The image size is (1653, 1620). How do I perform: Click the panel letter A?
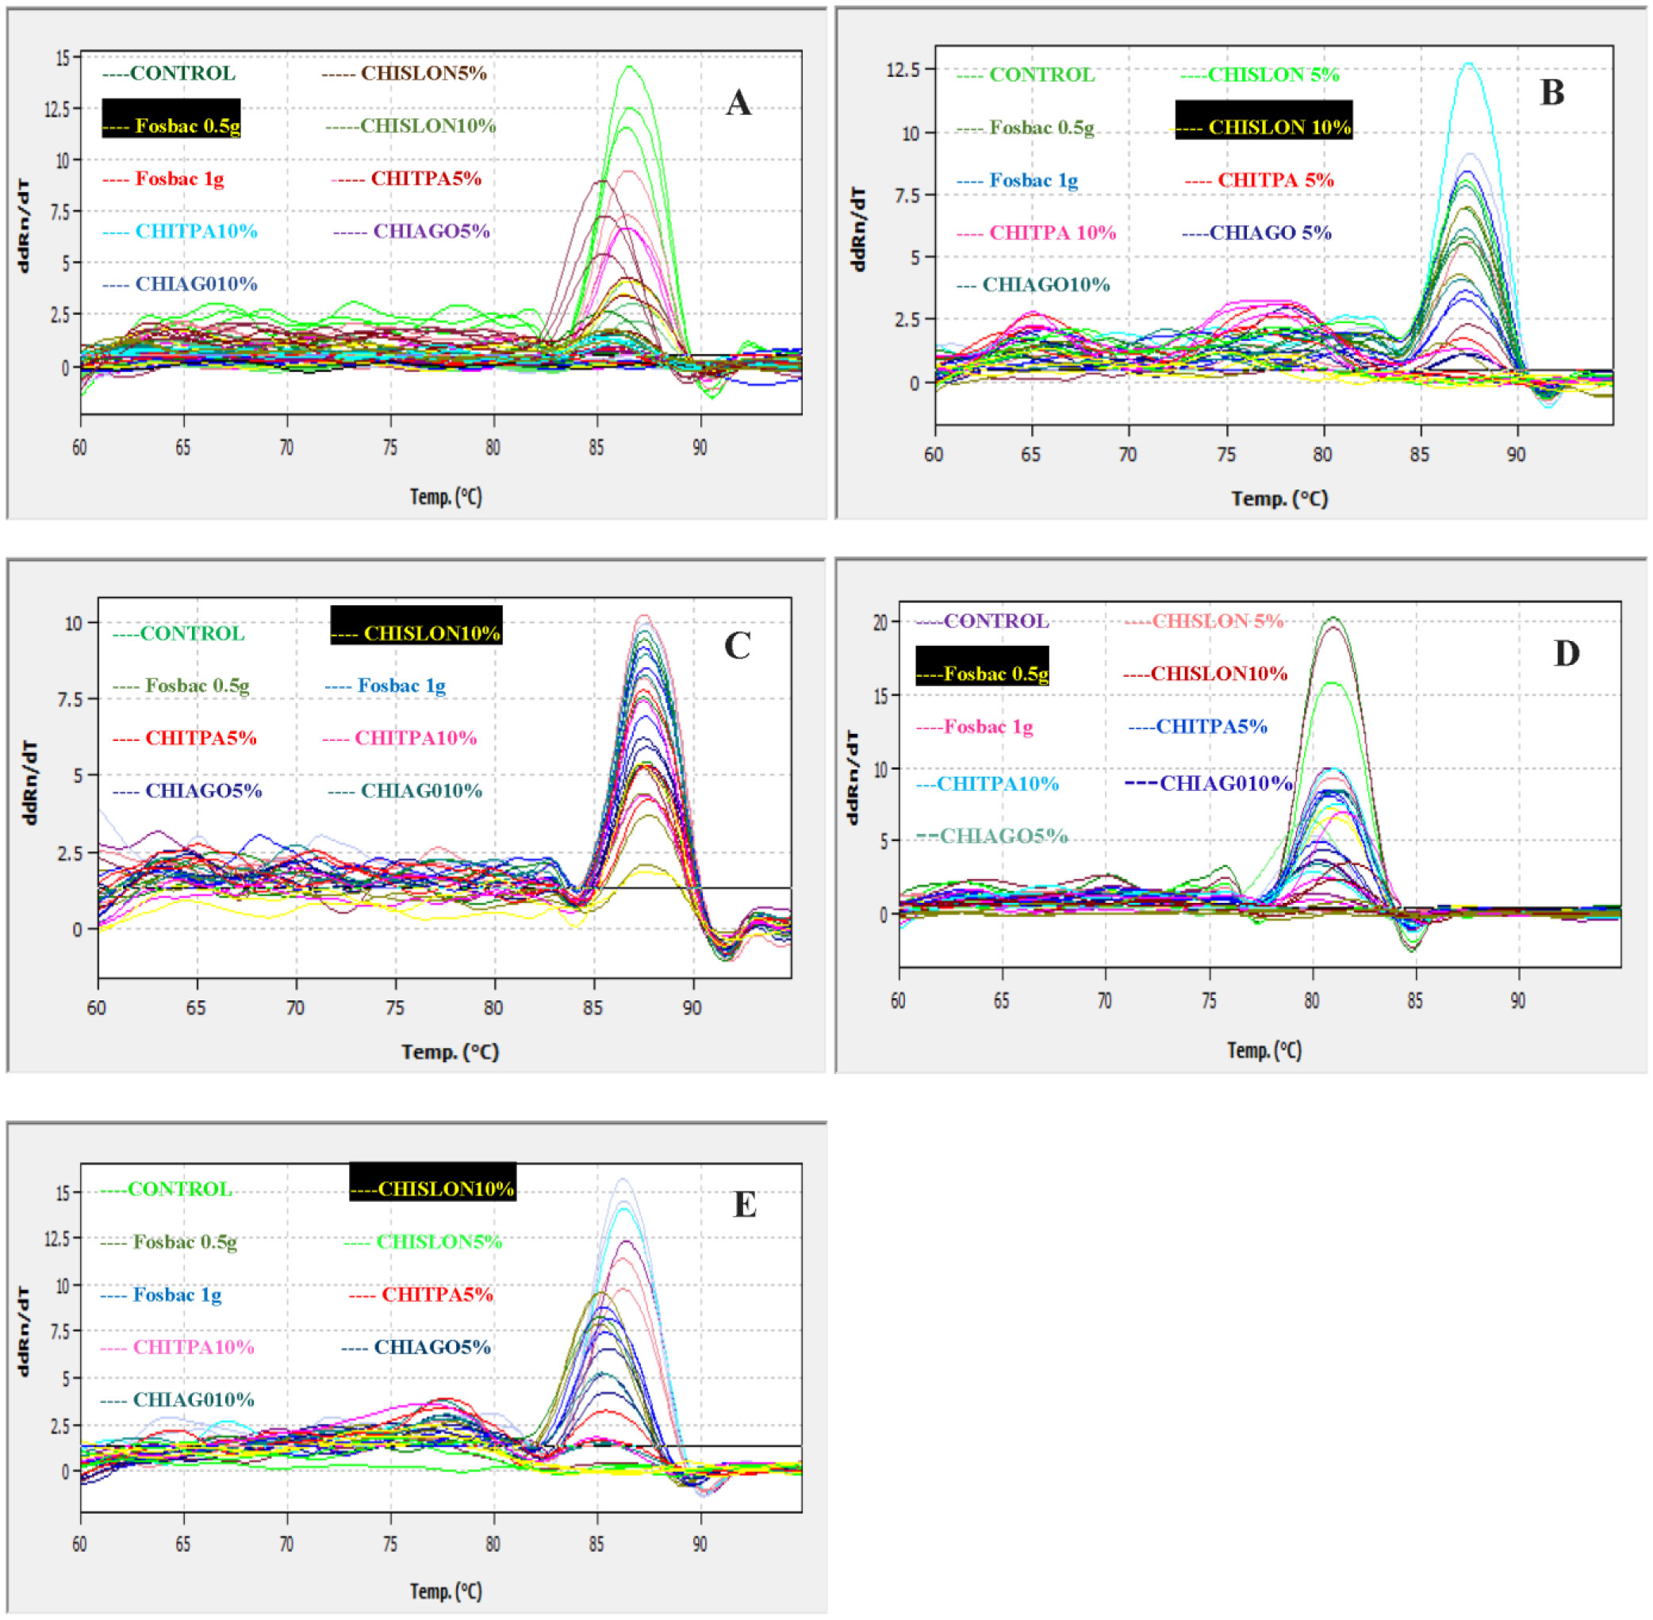tap(738, 104)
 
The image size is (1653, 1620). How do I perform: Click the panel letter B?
tap(1551, 93)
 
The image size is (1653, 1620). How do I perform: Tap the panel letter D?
tap(1567, 654)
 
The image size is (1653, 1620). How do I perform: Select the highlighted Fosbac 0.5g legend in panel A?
tap(171, 126)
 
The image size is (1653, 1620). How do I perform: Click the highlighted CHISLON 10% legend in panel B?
tap(1264, 127)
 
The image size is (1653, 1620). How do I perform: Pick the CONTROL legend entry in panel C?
tap(178, 633)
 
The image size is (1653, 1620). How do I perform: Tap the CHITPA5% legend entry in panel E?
tap(421, 1294)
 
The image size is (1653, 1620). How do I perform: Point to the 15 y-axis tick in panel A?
tap(63, 58)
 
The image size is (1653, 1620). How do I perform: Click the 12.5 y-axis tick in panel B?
tap(903, 69)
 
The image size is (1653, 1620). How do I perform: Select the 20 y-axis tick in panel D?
tap(880, 623)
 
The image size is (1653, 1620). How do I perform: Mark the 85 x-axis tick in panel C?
tap(593, 1008)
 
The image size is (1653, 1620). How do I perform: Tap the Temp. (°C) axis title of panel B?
tap(1279, 498)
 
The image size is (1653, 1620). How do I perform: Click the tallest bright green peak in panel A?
tap(630, 67)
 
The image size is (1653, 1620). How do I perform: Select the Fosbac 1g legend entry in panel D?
tap(975, 727)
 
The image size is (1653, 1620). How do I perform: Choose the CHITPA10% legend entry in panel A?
tap(179, 232)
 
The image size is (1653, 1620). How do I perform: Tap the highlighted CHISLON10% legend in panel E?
tap(433, 1188)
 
